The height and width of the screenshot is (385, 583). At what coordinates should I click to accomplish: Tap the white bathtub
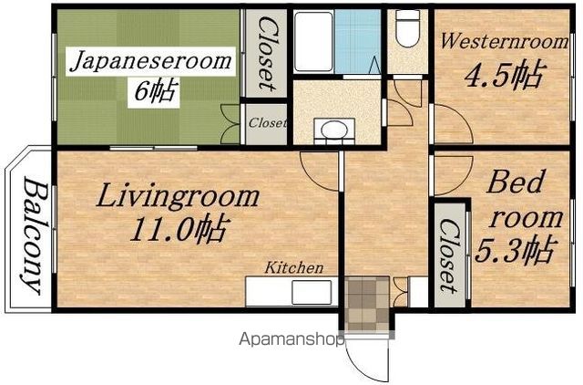point(313,41)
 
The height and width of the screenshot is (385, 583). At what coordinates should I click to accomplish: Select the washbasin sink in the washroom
point(334,130)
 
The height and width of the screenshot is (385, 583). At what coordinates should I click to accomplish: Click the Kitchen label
point(293,267)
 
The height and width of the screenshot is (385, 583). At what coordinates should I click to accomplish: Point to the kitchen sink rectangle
point(312,292)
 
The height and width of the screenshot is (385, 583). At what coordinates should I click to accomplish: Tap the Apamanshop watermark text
point(291,339)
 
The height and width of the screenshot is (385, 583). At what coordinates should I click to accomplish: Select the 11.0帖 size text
point(178,230)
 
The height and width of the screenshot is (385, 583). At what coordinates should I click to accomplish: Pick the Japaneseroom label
point(151,61)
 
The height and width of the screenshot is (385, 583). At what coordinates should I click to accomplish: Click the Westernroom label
point(504,41)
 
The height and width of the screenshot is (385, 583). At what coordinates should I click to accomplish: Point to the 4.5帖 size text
point(506,76)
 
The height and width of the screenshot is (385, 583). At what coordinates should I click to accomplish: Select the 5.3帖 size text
point(517,250)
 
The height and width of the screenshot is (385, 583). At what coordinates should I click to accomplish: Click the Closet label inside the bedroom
point(449,255)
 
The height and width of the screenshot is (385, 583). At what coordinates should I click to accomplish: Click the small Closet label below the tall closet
point(267,122)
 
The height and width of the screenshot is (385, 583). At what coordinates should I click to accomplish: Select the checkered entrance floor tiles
point(367,304)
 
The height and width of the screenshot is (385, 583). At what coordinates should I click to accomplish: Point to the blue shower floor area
point(357,41)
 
